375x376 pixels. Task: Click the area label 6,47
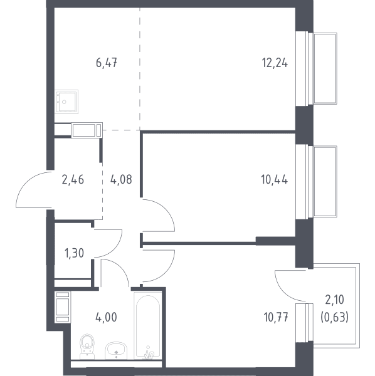[106, 63]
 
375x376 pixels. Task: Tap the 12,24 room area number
[275, 63]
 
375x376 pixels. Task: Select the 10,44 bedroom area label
[274, 179]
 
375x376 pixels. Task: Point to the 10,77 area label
[276, 317]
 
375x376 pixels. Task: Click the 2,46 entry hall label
[73, 179]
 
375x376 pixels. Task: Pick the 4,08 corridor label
[121, 179]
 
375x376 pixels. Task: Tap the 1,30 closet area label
[75, 253]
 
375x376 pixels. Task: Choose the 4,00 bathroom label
[106, 317]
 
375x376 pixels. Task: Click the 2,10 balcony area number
[334, 300]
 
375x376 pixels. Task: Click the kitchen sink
[66, 102]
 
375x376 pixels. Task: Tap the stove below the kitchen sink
[87, 130]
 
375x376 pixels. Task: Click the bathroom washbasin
[116, 350]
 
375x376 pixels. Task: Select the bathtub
[147, 325]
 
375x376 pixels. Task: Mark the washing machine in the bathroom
[63, 307]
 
